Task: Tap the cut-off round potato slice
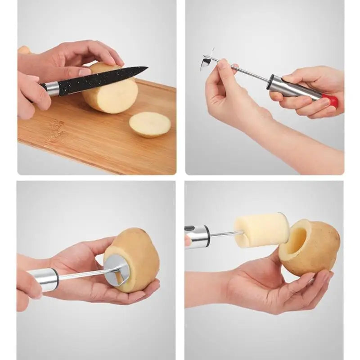click(150, 124)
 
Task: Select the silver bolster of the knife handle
click(53, 88)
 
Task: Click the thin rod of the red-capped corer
click(250, 72)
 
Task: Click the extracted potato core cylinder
click(262, 230)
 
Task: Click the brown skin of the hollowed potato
click(322, 250)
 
